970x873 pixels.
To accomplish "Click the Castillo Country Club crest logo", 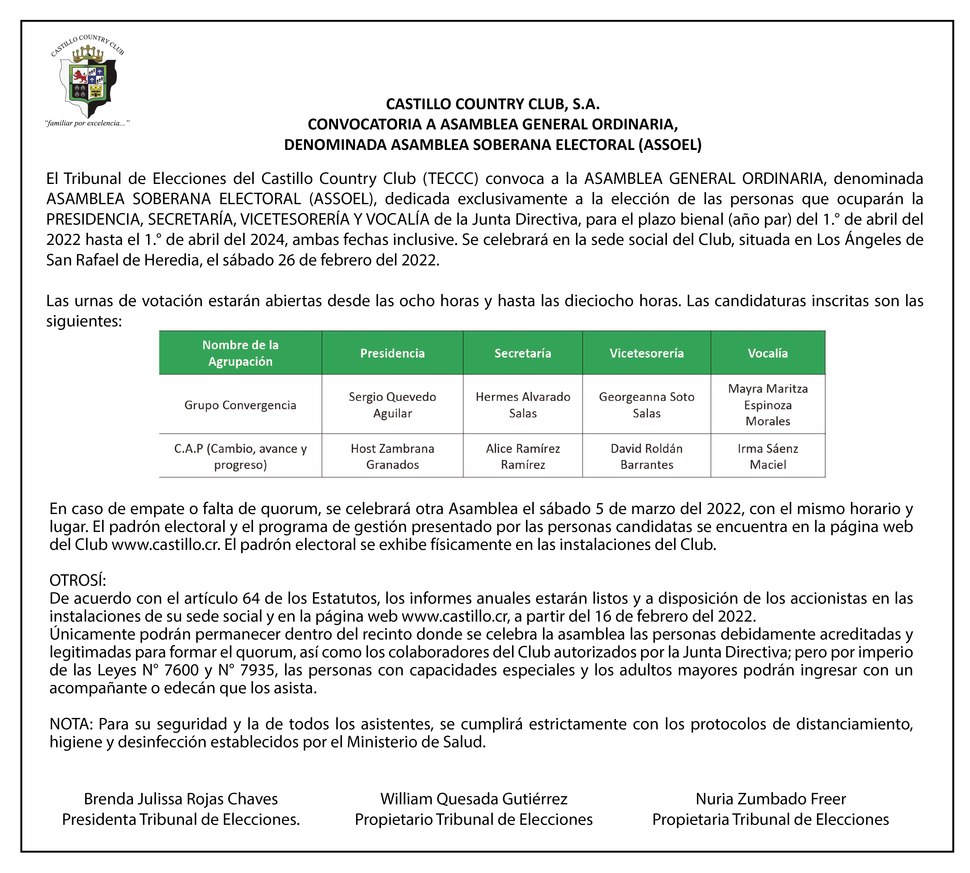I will pos(87,77).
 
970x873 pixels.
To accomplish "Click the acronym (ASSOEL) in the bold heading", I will pos(670,145).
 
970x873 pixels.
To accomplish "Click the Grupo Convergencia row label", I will pos(240,405).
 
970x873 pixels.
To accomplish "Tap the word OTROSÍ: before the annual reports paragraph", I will pos(78,580).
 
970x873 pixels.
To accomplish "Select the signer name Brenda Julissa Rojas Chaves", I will pos(181,799).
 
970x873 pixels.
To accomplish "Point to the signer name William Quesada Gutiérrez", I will pos(474,799).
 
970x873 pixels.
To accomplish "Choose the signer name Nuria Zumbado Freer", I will pos(771,799).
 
